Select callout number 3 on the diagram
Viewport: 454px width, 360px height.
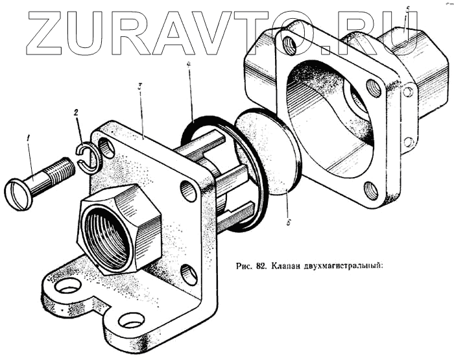(x=140, y=88)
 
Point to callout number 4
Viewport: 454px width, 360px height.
(x=189, y=65)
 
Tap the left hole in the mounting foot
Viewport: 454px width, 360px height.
(x=69, y=285)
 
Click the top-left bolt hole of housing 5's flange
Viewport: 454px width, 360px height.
(x=289, y=45)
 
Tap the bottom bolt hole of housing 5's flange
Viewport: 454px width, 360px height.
(x=370, y=191)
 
